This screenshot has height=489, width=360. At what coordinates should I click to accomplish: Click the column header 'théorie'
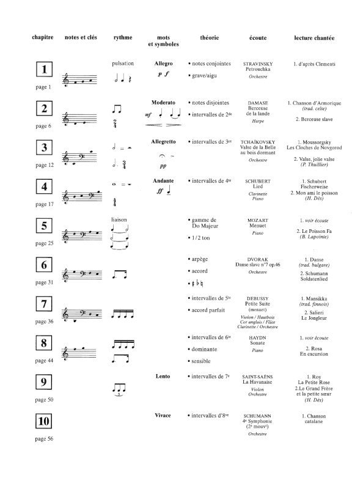tap(209, 38)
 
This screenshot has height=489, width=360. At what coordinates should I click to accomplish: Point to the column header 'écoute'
tap(257, 38)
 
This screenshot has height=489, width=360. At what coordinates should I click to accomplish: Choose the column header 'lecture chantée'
tap(314, 38)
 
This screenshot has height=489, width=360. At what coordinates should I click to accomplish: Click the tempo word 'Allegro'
tap(163, 63)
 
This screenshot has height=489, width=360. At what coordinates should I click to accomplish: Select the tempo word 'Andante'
tap(163, 181)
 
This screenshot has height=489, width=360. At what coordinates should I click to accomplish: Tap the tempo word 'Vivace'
tap(163, 415)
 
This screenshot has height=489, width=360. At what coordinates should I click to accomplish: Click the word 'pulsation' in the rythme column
tap(123, 64)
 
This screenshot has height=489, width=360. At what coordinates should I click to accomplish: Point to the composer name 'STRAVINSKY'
tap(257, 64)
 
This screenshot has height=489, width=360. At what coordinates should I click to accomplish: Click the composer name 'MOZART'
tap(257, 219)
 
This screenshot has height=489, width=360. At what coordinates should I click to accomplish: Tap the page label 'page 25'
tap(44, 243)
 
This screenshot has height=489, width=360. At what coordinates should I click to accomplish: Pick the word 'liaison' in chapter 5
tap(121, 219)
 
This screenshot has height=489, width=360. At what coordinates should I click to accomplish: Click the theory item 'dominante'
tap(208, 348)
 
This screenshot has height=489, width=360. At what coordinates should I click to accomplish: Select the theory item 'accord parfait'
tap(210, 309)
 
